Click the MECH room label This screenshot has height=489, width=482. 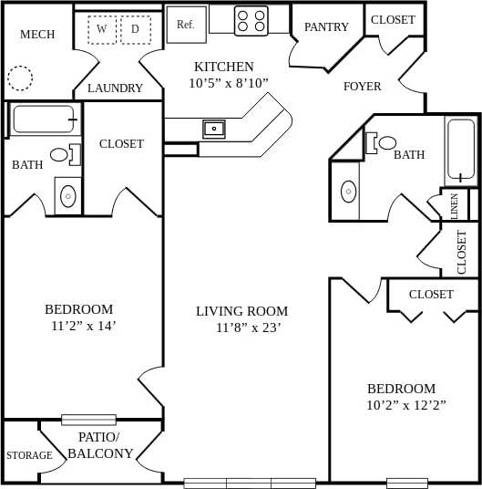(x=37, y=35)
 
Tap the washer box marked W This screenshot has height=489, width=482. (x=102, y=29)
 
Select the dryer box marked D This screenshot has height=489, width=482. (x=136, y=29)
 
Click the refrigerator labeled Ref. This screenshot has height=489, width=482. (x=186, y=25)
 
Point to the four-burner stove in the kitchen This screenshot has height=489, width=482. (x=251, y=20)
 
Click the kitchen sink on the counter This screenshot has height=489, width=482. (x=214, y=129)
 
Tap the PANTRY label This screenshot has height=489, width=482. (x=326, y=27)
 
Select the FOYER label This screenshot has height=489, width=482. (x=362, y=87)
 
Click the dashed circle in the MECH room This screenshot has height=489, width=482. (x=20, y=78)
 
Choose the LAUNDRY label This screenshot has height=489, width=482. (x=115, y=88)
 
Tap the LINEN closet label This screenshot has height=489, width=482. (x=455, y=205)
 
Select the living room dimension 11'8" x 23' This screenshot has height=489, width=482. (x=242, y=328)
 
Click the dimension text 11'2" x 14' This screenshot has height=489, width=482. (x=84, y=326)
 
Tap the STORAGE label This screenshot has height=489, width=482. (x=29, y=455)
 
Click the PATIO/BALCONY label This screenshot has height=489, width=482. (x=100, y=445)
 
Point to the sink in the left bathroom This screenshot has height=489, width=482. (x=68, y=194)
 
